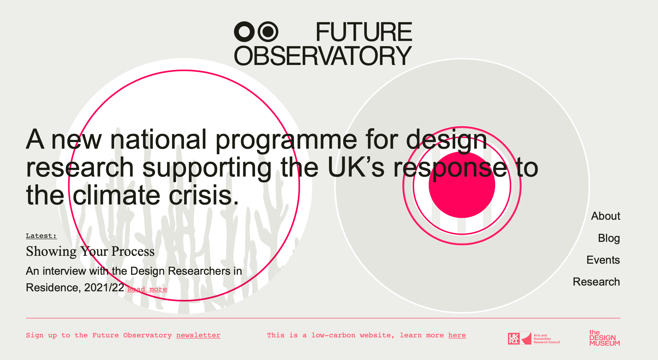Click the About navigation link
(x=606, y=216)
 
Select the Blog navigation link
(x=609, y=238)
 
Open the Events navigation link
(x=603, y=260)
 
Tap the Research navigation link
(x=596, y=282)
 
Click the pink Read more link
(x=147, y=289)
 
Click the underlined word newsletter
(x=198, y=335)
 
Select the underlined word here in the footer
(x=457, y=335)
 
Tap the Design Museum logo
(x=605, y=338)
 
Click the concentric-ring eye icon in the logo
(x=268, y=32)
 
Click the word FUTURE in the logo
(x=364, y=32)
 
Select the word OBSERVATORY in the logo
(x=323, y=56)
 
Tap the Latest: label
(x=41, y=236)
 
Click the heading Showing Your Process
(x=90, y=251)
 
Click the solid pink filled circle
(x=462, y=185)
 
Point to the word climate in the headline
(x=116, y=195)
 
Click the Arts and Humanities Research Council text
(x=547, y=339)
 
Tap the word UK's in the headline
(x=356, y=167)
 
